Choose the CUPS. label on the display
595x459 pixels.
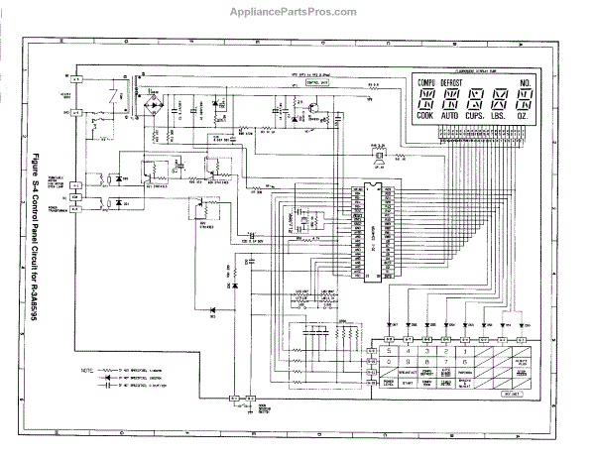coord(476,117)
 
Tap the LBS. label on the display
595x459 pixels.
coord(501,117)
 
